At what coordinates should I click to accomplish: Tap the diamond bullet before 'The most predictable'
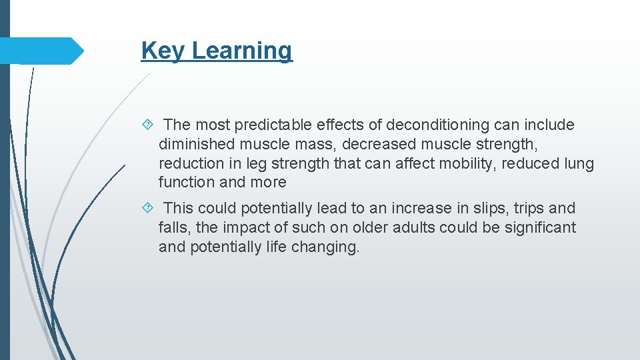[149, 125]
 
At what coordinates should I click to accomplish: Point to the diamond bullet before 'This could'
[149, 209]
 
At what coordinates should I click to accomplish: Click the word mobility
[460, 163]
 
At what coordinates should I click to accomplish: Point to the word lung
[580, 163]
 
